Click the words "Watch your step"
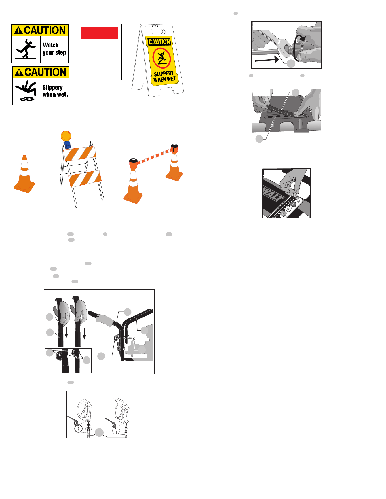pyautogui.click(x=54, y=49)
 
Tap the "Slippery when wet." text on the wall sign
pyautogui.click(x=55, y=91)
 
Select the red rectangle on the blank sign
pyautogui.click(x=100, y=33)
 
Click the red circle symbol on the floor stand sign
pyautogui.click(x=161, y=58)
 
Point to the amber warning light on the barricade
pyautogui.click(x=66, y=136)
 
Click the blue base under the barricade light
pyautogui.click(x=67, y=145)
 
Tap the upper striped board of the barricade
pyautogui.click(x=79, y=154)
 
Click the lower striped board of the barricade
pyautogui.click(x=85, y=179)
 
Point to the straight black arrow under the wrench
pyautogui.click(x=267, y=60)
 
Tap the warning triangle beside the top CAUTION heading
pyautogui.click(x=18, y=30)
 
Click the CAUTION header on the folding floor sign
pyautogui.click(x=159, y=42)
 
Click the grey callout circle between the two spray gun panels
pyautogui.click(x=99, y=432)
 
